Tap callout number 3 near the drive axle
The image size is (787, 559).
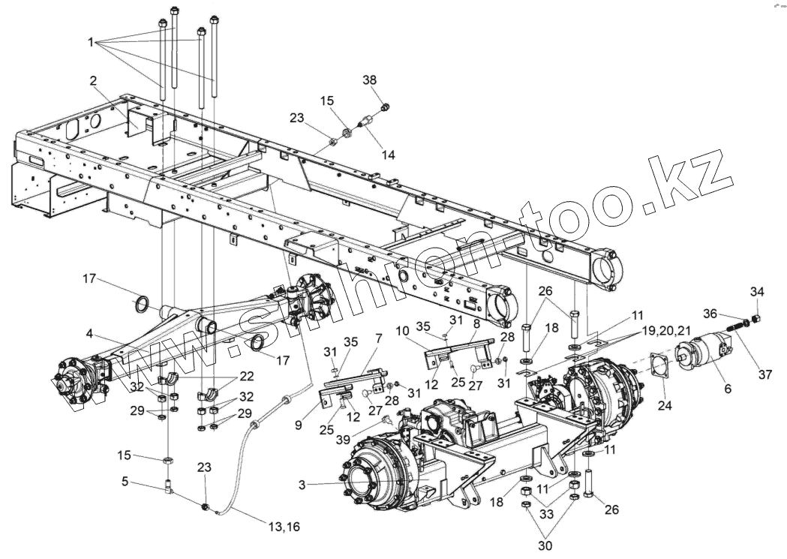(x=302, y=485)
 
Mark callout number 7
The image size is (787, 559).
(x=378, y=338)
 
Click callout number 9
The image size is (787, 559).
(x=298, y=425)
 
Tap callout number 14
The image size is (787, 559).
(x=388, y=155)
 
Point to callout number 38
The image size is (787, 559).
(x=369, y=80)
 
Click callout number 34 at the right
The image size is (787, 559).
(x=758, y=291)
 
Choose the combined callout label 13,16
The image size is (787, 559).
(x=284, y=527)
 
